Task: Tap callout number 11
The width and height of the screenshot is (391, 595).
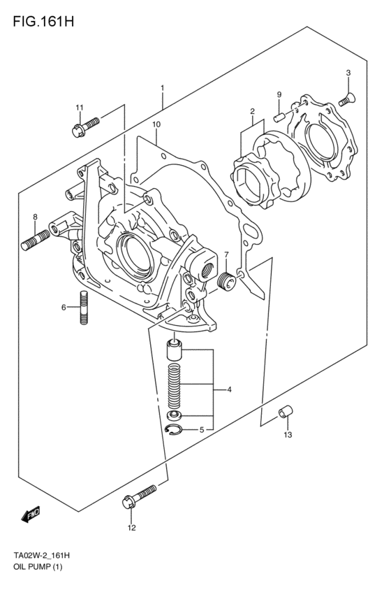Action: [80, 107]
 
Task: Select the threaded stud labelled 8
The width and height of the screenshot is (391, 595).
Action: [34, 241]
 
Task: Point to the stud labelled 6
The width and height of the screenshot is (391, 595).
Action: [84, 308]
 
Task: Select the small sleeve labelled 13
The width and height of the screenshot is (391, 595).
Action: [286, 413]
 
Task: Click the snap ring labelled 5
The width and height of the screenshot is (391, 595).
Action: [175, 430]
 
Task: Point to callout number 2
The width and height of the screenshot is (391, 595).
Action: [252, 110]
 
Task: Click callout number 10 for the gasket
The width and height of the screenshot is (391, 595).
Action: [156, 124]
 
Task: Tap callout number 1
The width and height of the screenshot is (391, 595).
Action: [162, 88]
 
